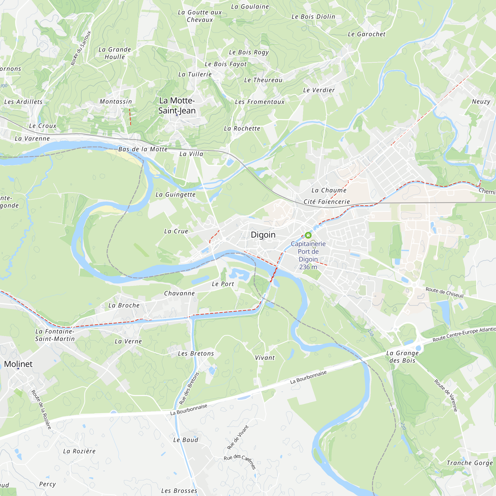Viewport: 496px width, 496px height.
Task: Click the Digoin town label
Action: (x=263, y=235)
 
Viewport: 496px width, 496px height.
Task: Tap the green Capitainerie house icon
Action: (x=308, y=235)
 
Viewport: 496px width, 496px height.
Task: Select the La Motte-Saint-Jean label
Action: (x=177, y=105)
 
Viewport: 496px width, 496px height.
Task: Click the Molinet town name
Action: (x=18, y=364)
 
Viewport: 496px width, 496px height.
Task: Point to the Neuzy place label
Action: (x=481, y=101)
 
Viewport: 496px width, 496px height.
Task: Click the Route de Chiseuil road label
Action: (x=444, y=292)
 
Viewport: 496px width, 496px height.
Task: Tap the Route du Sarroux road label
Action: (x=81, y=48)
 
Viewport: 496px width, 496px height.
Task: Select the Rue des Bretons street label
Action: (x=189, y=388)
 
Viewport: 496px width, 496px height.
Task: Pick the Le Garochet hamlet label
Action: (x=366, y=34)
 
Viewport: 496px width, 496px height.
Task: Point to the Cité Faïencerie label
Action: (x=327, y=202)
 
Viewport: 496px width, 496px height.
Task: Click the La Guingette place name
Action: (x=176, y=195)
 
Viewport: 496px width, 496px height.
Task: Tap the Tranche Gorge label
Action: (x=469, y=463)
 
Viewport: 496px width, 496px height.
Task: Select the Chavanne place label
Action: (x=180, y=293)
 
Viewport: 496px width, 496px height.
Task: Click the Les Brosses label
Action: (x=179, y=491)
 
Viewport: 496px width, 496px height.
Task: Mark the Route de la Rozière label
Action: (x=41, y=409)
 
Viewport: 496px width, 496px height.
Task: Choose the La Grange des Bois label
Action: (x=402, y=357)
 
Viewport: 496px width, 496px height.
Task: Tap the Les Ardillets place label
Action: (x=23, y=102)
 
